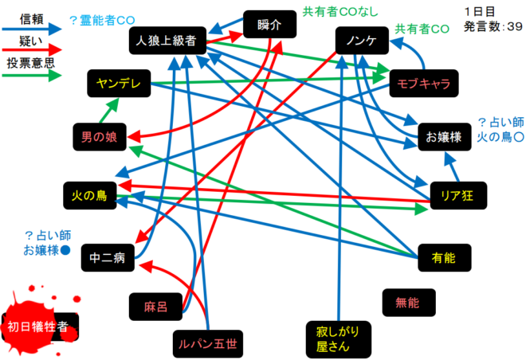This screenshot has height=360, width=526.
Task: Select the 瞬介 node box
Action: pos(270,25)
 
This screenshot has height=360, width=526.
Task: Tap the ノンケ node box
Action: pos(362,41)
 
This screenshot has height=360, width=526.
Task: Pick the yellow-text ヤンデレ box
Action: pos(118,82)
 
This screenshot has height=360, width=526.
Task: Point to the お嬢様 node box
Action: pos(444,136)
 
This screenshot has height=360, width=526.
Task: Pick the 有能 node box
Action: pos(443,256)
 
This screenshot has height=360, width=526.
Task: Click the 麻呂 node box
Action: pos(155,306)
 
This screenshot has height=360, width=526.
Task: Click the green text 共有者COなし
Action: pos(340,13)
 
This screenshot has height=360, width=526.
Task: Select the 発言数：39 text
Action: pos(493,26)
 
